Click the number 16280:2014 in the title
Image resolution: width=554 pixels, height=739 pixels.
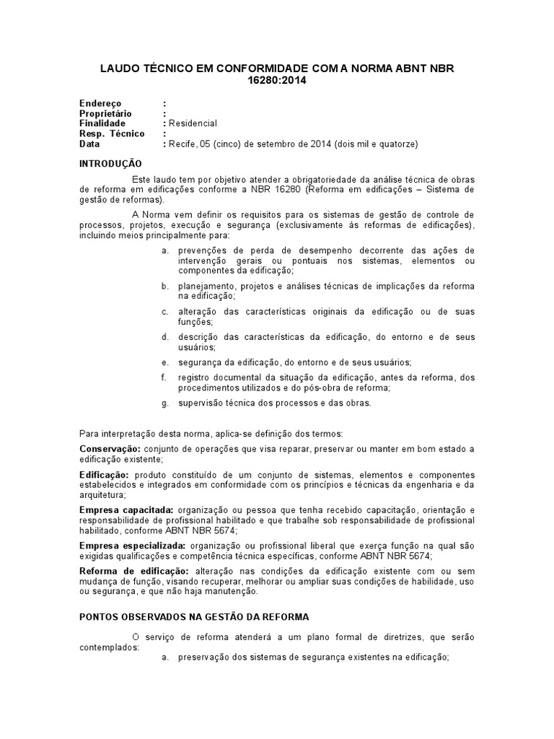click(276, 80)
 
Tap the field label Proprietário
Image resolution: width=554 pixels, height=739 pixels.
click(107, 113)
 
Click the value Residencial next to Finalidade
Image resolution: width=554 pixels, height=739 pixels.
click(193, 123)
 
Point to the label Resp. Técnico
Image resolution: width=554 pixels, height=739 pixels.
click(112, 134)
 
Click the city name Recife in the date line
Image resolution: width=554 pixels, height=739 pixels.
click(182, 144)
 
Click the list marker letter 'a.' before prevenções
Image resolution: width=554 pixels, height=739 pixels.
click(164, 250)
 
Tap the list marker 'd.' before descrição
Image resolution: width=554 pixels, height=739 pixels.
click(164, 337)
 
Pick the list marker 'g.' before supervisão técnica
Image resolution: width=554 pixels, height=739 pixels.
click(164, 403)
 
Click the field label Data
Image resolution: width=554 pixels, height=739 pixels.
click(89, 144)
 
